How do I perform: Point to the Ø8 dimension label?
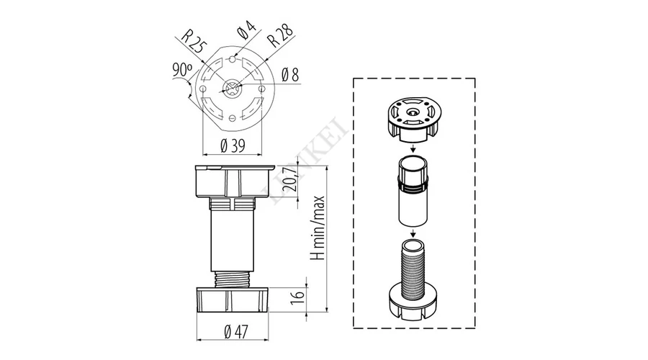click(290, 75)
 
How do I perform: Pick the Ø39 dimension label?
click(233, 145)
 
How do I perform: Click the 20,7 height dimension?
click(292, 177)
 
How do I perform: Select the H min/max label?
click(318, 228)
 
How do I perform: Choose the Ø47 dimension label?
click(235, 331)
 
